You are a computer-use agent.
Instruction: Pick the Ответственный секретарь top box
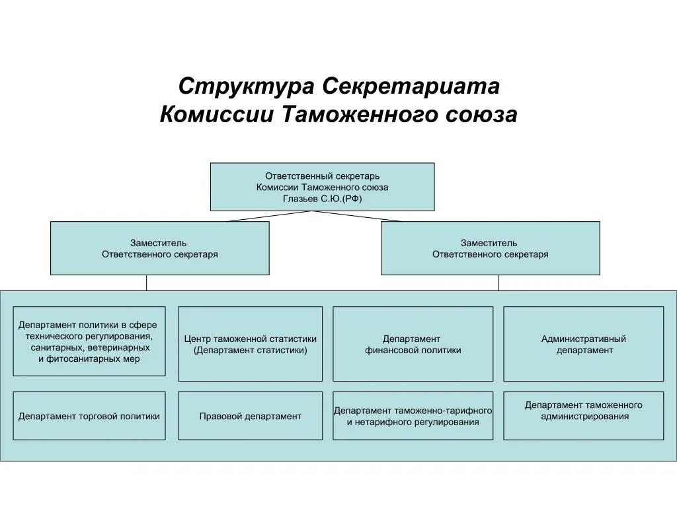click(x=322, y=187)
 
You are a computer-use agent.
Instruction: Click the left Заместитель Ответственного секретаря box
click(x=159, y=248)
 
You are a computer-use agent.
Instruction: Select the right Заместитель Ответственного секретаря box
click(x=490, y=248)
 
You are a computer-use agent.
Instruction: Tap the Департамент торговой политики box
click(x=89, y=416)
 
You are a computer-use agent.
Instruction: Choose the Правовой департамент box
click(x=250, y=416)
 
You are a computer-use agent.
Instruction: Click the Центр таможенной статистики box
click(x=250, y=344)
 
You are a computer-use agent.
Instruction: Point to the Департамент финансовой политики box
click(x=413, y=344)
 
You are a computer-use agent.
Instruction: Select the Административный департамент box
click(x=583, y=344)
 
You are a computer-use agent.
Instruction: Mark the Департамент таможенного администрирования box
click(x=583, y=416)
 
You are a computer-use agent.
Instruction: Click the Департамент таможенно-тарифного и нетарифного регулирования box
click(x=413, y=416)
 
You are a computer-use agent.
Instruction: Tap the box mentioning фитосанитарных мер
click(x=89, y=341)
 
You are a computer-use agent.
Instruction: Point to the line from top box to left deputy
click(x=268, y=216)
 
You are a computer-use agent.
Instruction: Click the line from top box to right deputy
click(x=358, y=216)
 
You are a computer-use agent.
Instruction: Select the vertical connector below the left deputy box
click(x=147, y=283)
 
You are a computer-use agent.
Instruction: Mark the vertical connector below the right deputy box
click(x=498, y=283)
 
